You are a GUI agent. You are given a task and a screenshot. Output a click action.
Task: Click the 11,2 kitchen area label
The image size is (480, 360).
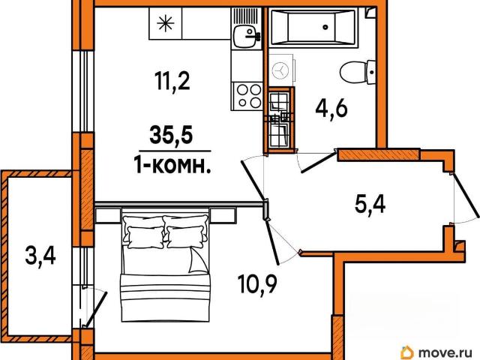173,82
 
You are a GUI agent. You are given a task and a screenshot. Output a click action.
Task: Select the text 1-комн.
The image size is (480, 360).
173,166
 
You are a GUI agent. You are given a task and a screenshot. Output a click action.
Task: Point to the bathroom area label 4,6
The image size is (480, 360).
331,109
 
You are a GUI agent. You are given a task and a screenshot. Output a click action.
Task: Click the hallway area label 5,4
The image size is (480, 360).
370,204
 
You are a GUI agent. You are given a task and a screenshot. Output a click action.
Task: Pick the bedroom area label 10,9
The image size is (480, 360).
257,284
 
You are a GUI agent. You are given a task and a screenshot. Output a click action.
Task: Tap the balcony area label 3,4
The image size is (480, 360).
40,256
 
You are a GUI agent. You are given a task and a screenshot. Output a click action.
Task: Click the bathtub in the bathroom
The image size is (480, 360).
313,28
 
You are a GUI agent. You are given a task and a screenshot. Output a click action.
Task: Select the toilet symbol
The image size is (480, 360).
358,72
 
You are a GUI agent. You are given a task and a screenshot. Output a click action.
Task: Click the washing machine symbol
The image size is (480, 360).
281,70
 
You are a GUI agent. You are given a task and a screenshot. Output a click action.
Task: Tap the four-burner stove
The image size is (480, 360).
247,96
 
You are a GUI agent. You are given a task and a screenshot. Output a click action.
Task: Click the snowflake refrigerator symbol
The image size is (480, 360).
165,24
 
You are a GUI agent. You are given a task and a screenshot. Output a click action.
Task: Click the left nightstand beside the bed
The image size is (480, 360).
108,215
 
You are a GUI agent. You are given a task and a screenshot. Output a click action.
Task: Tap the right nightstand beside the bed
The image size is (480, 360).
223,215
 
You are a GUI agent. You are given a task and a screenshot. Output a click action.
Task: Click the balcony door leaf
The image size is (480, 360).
96,310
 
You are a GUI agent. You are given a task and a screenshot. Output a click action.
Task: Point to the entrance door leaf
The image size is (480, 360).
466,195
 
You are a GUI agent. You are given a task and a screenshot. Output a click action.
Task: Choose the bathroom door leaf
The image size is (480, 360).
319,162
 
